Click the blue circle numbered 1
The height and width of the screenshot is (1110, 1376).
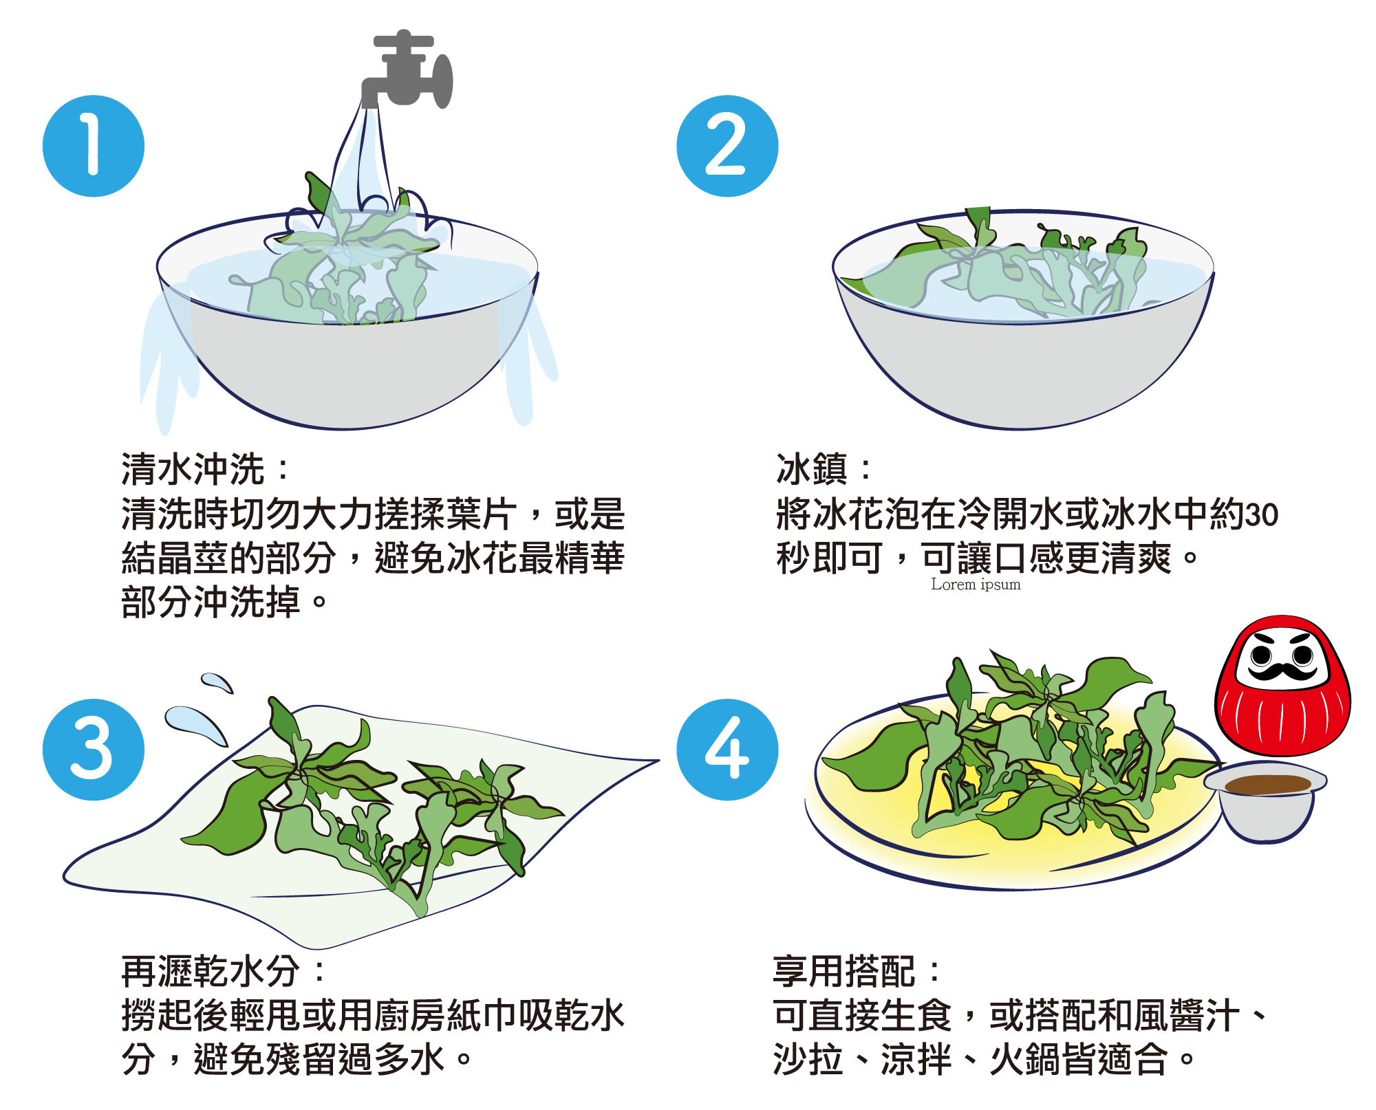coord(94,146)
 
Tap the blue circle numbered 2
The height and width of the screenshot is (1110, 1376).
coord(727,146)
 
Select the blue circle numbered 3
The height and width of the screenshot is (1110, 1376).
coord(94,750)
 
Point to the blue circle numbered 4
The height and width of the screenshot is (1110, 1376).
coord(727,750)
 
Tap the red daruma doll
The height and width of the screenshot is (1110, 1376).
coord(1282,685)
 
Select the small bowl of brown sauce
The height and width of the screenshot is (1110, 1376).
coord(1265,801)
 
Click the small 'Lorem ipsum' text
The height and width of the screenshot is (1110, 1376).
coord(976,585)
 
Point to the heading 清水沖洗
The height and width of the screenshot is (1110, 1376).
coord(193,469)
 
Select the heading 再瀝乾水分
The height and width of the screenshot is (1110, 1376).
coord(211,971)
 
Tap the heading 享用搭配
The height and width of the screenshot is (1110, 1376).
coord(844,971)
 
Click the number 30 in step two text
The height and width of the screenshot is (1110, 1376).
coord(1262,514)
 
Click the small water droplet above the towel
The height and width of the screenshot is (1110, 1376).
coord(217,683)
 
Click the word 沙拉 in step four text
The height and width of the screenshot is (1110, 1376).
coord(808,1059)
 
